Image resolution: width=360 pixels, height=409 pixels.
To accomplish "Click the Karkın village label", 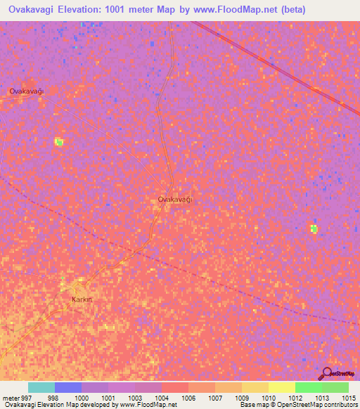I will pyautogui.click(x=82, y=299).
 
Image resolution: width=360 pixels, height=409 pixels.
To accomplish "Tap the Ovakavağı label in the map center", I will pyautogui.click(x=174, y=200).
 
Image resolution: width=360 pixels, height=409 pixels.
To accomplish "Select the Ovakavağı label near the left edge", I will pyautogui.click(x=27, y=91).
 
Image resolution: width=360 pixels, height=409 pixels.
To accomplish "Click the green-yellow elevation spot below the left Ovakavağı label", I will pyautogui.click(x=59, y=142).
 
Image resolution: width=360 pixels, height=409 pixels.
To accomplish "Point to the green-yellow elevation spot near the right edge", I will pyautogui.click(x=314, y=228).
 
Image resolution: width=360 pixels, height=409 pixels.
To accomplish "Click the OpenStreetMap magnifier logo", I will pyautogui.click(x=326, y=373).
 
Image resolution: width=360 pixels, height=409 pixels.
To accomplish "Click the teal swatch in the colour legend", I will pyautogui.click(x=41, y=387).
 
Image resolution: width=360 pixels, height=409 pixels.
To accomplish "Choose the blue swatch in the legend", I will pyautogui.click(x=68, y=387).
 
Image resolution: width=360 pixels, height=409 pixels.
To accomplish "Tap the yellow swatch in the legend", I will pyautogui.click(x=282, y=387).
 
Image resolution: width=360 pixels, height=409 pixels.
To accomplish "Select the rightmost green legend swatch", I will pyautogui.click(x=335, y=387).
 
